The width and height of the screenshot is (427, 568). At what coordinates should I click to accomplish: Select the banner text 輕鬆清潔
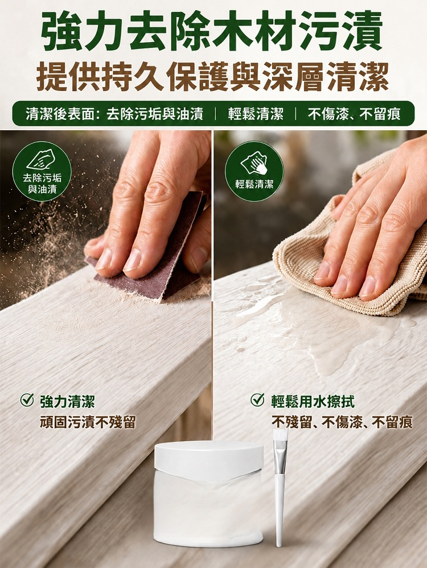pos(256,114)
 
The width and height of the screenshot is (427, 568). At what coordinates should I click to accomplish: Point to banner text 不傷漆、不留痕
pos(355,114)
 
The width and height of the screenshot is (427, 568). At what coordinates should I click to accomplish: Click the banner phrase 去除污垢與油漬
pos(154,114)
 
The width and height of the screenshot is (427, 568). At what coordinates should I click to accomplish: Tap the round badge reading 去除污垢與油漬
pos(42,171)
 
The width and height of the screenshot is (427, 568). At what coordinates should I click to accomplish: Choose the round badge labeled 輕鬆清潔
pos(254,171)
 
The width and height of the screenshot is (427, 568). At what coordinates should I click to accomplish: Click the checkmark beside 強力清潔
pos(27,400)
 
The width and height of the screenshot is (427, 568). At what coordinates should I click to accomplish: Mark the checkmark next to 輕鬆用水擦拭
pos(257,400)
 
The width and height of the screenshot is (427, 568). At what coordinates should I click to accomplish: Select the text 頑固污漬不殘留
pos(88,422)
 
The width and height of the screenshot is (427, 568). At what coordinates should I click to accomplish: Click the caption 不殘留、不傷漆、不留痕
pos(342,422)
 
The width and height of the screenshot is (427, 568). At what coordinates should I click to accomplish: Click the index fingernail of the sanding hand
pos(132,259)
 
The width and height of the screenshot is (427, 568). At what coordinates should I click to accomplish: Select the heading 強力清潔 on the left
pos(68,401)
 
